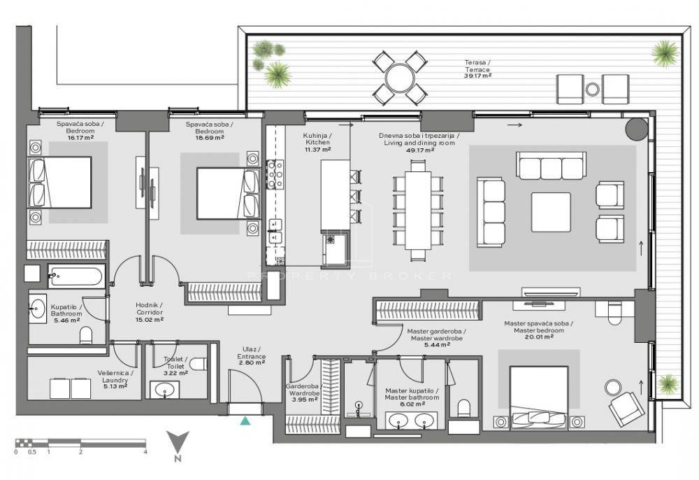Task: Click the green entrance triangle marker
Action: [245, 421]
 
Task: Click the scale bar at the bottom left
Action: [80, 443]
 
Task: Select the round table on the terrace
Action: [400, 78]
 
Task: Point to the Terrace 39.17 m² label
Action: [477, 69]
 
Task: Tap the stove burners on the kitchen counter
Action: [275, 174]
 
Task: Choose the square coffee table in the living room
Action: [551, 212]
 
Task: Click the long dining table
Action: [418, 210]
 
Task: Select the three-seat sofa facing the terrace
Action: [551, 166]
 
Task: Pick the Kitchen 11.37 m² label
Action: [317, 142]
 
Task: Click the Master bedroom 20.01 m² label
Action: [538, 330]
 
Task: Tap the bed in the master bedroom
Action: [539, 397]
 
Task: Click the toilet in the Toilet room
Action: [199, 364]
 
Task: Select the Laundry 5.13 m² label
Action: [115, 380]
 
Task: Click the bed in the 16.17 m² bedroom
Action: [60, 183]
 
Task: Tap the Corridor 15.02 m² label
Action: [150, 312]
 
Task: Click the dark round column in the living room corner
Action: [635, 129]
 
